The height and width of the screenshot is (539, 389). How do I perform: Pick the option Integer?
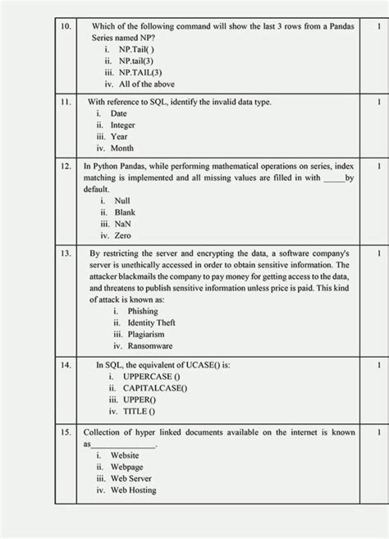pyautogui.click(x=123, y=126)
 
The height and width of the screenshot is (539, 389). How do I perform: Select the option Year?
pyautogui.click(x=119, y=137)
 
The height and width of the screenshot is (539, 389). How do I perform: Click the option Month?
pyautogui.click(x=122, y=148)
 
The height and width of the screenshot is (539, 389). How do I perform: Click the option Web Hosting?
pyautogui.click(x=133, y=490)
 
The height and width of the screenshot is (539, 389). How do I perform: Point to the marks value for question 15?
pyautogui.click(x=378, y=432)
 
